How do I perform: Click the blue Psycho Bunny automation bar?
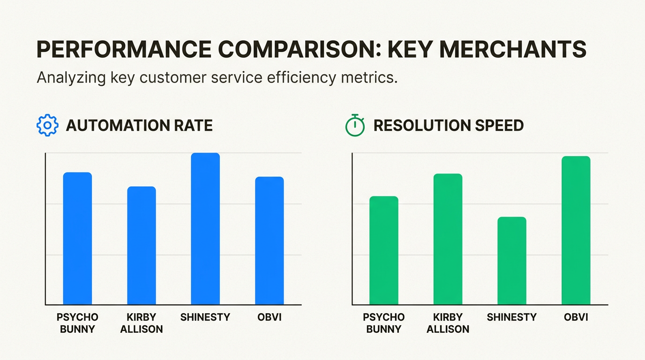coord(77,239)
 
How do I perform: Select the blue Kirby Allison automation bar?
coord(142,246)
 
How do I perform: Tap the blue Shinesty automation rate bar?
coord(205,229)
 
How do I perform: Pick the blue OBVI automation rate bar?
coord(269,241)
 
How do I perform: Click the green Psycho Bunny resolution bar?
coord(384,251)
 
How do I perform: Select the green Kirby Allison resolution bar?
coord(448,240)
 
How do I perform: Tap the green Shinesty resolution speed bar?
coord(512,261)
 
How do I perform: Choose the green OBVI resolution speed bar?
coord(576,231)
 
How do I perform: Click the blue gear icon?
coord(47,125)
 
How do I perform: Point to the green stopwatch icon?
coord(355,125)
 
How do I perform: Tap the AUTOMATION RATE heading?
coord(139,126)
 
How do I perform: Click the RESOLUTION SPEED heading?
coord(449,126)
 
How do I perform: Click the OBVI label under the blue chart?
coord(270,317)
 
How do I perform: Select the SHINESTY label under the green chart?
coord(512,317)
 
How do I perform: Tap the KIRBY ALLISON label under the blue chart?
coord(142,323)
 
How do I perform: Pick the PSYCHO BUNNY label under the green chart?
coord(384,323)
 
